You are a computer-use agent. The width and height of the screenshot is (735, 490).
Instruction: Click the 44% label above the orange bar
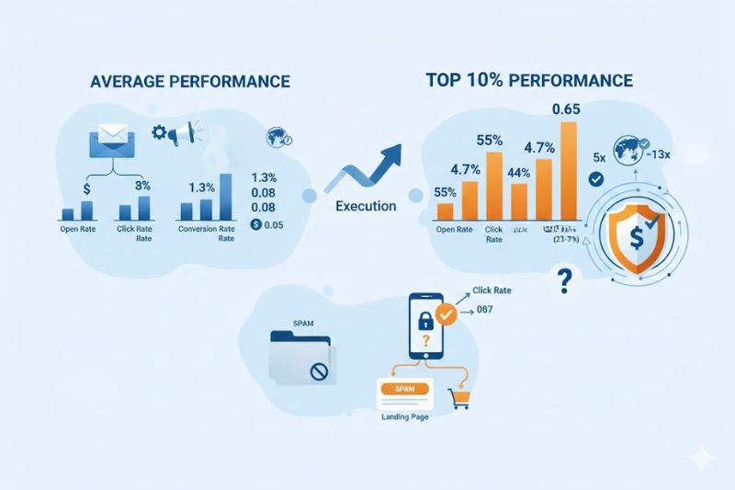coord(518,173)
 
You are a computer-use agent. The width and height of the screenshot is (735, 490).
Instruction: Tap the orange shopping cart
coord(457,398)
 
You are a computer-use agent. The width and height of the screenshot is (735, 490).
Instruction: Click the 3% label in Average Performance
coord(142,186)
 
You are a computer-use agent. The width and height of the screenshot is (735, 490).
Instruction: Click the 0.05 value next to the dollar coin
coord(272,225)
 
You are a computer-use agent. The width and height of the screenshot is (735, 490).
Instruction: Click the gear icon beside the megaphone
coord(158,133)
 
